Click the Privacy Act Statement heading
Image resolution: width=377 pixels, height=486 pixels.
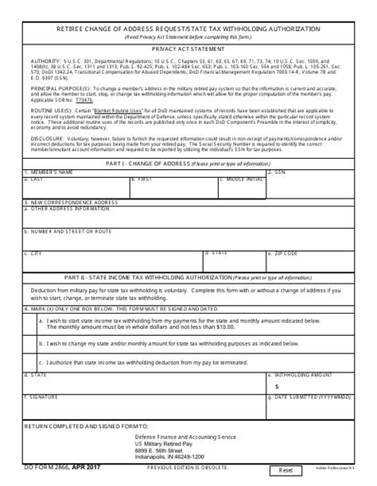[188, 48]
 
